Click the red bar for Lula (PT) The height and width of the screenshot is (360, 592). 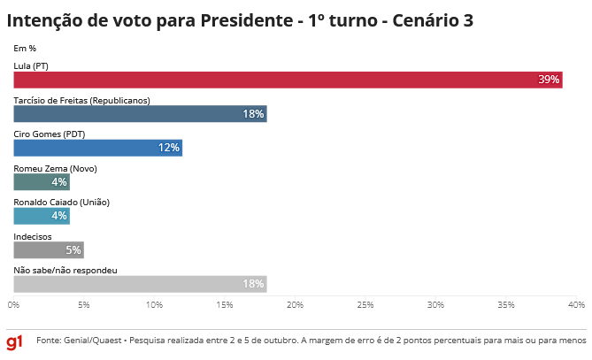tap(288, 80)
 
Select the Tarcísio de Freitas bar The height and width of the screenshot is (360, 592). tap(140, 113)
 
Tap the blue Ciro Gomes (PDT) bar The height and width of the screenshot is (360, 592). tap(97, 148)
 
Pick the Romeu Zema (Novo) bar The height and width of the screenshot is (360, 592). tap(42, 181)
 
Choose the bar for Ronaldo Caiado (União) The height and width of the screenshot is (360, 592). tap(42, 215)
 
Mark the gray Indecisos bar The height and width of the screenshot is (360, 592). tap(49, 249)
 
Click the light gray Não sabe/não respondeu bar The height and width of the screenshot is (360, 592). tap(140, 283)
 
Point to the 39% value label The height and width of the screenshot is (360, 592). tap(549, 80)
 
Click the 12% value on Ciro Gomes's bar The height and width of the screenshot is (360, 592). tap(169, 148)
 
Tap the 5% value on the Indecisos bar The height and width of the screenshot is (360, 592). tap(73, 249)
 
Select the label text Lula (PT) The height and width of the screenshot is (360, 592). tap(32, 66)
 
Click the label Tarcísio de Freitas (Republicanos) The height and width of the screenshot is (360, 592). tap(81, 100)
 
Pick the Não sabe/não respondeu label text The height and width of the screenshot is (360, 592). tap(65, 270)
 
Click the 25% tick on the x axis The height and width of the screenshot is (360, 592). tap(365, 304)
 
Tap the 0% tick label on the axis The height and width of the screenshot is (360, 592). tap(14, 304)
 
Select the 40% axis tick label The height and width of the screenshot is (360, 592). tap(576, 304)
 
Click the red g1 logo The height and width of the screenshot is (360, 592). tap(15, 341)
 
